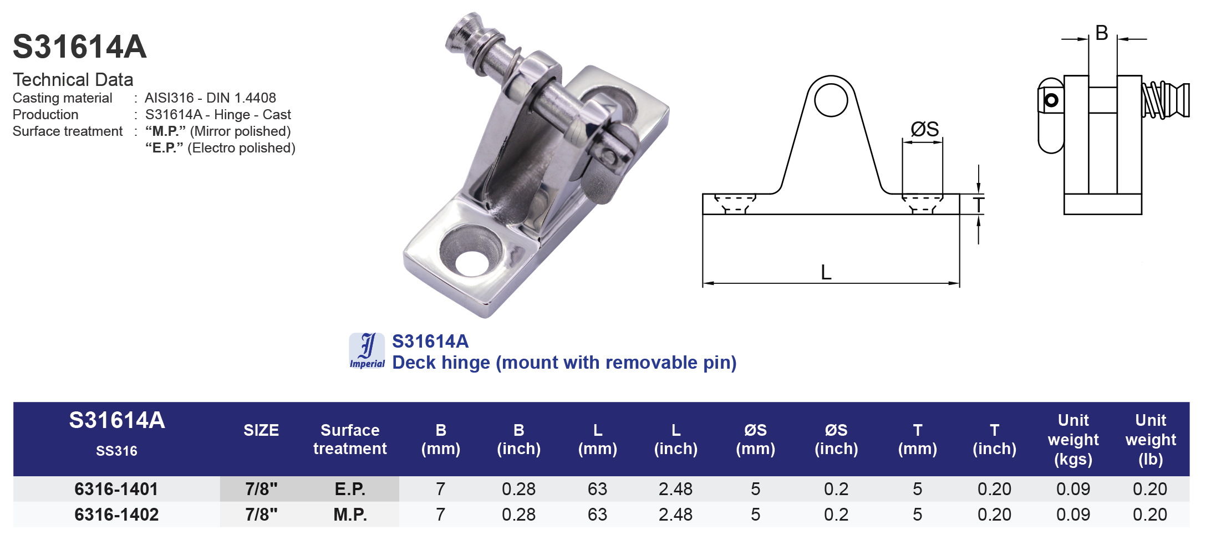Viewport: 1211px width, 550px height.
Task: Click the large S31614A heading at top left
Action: (79, 47)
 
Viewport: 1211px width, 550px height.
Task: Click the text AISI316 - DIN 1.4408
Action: (210, 98)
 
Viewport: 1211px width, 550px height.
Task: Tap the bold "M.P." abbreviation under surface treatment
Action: (165, 131)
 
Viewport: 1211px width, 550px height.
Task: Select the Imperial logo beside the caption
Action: (367, 350)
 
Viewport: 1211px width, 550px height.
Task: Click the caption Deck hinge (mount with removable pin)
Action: (564, 363)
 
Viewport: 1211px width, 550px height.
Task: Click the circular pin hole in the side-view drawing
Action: (831, 100)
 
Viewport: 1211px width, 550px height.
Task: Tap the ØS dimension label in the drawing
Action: (924, 129)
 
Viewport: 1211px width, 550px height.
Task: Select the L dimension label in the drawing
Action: (826, 273)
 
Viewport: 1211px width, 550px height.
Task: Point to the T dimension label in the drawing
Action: (979, 205)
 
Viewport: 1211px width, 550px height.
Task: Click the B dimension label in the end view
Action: (1102, 33)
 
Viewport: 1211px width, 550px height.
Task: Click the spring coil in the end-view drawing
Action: (1156, 100)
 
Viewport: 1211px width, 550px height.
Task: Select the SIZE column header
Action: (261, 430)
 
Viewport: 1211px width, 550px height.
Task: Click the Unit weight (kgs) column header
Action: (1073, 440)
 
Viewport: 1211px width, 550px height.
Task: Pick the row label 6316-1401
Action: (116, 489)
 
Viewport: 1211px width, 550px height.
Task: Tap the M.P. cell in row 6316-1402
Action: (350, 515)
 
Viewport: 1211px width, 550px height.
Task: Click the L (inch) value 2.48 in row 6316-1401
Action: (675, 489)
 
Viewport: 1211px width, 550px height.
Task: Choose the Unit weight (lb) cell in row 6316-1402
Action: (1149, 515)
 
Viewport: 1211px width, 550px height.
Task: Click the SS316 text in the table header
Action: (116, 451)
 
